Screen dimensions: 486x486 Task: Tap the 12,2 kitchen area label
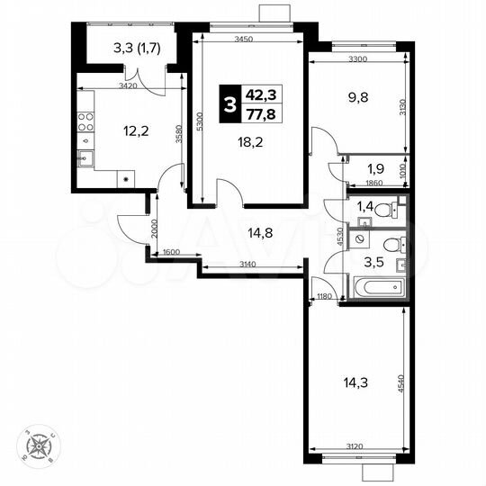[x=136, y=130]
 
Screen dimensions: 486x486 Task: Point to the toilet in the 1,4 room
[x=384, y=211]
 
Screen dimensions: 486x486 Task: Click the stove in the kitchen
[x=85, y=118]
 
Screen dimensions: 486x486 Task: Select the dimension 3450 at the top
[x=244, y=40]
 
